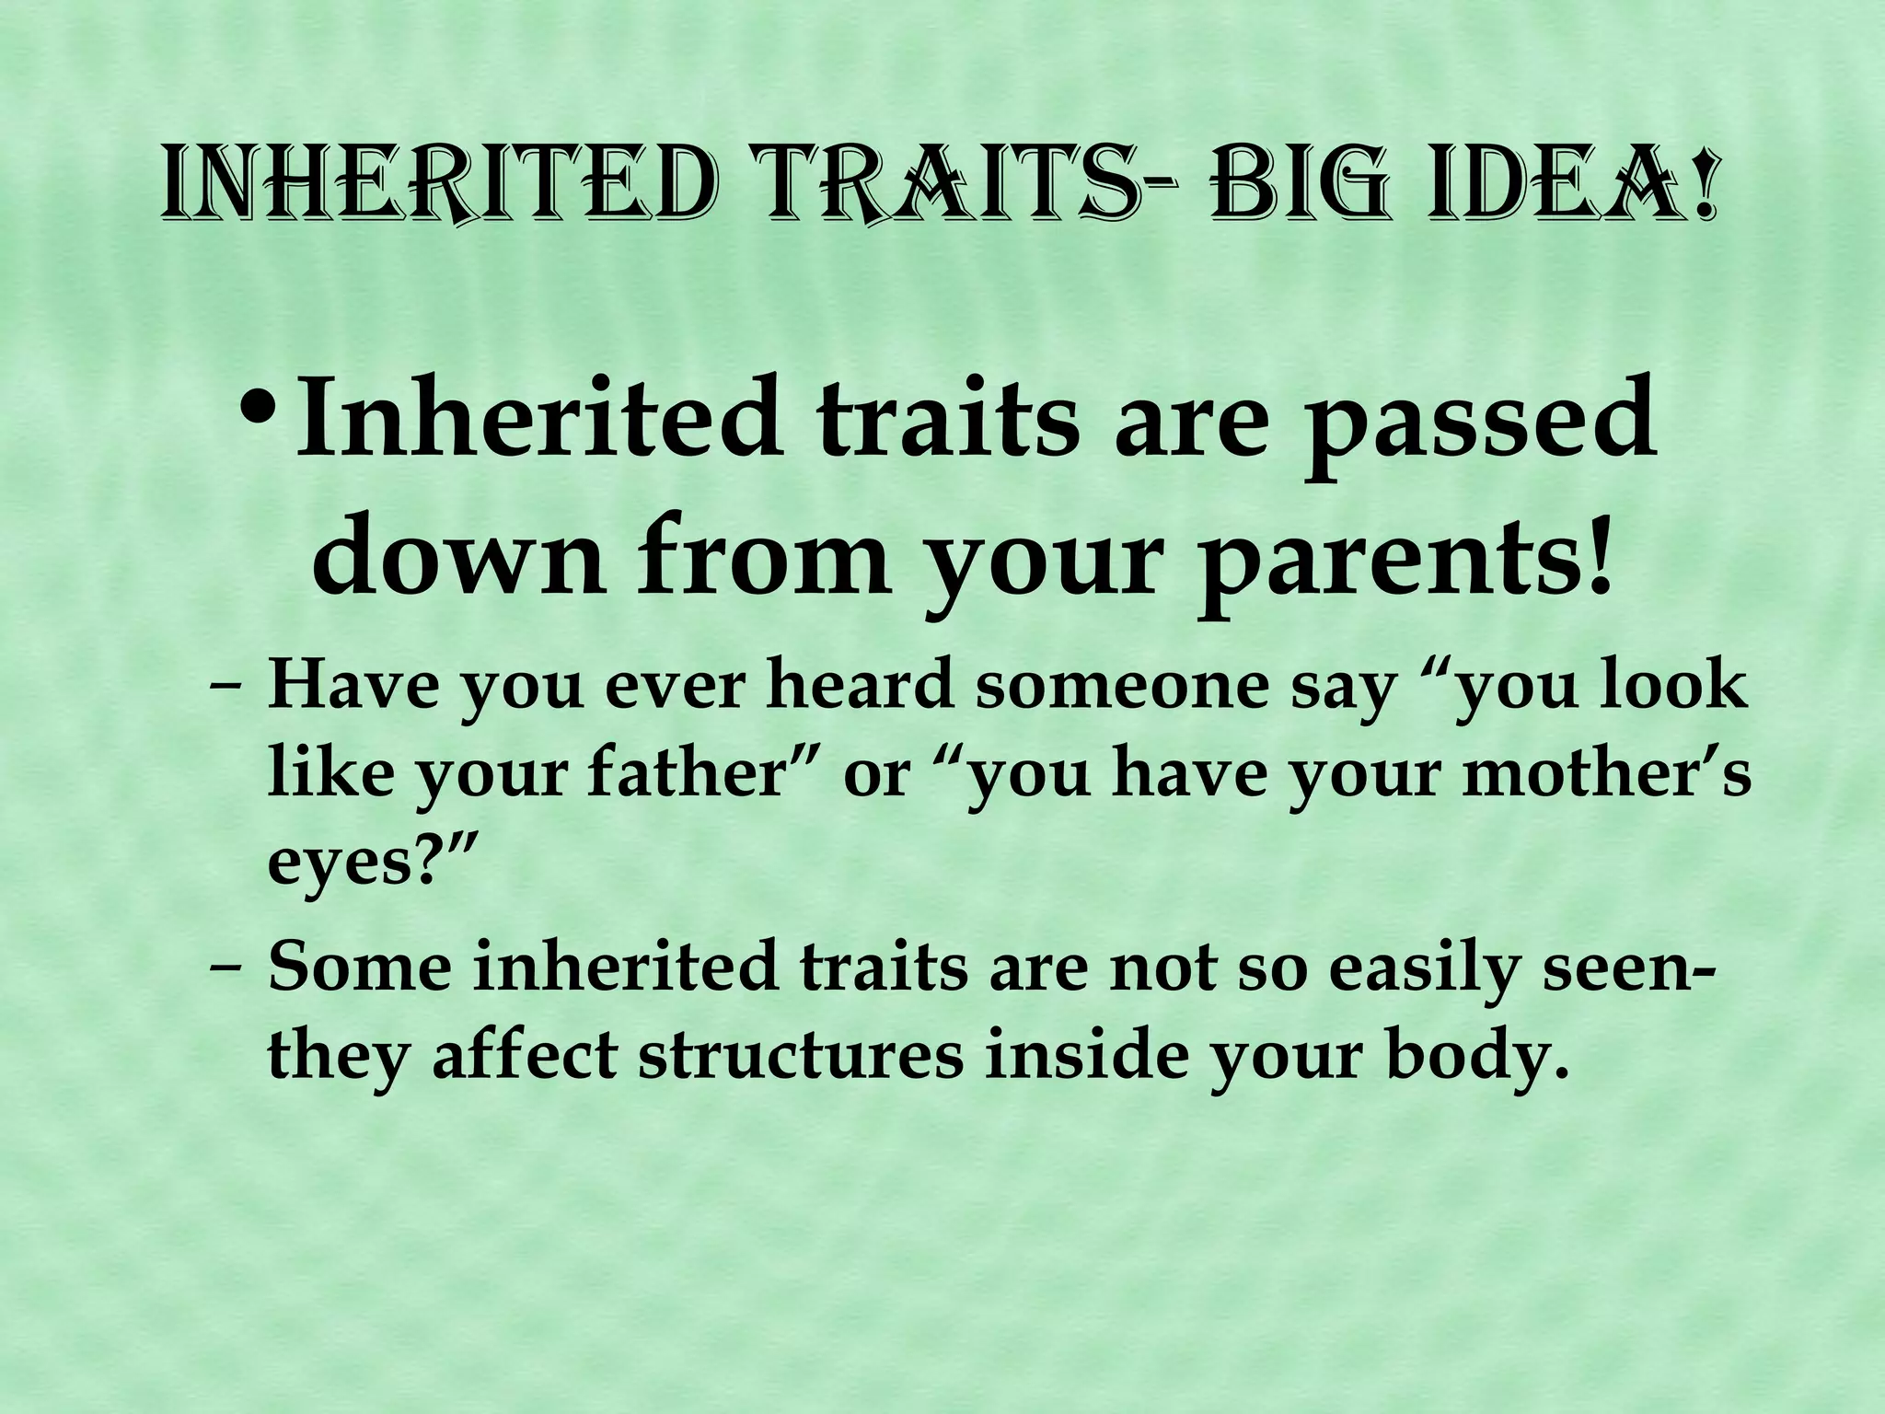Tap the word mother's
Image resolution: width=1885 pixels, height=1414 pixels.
(1606, 775)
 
